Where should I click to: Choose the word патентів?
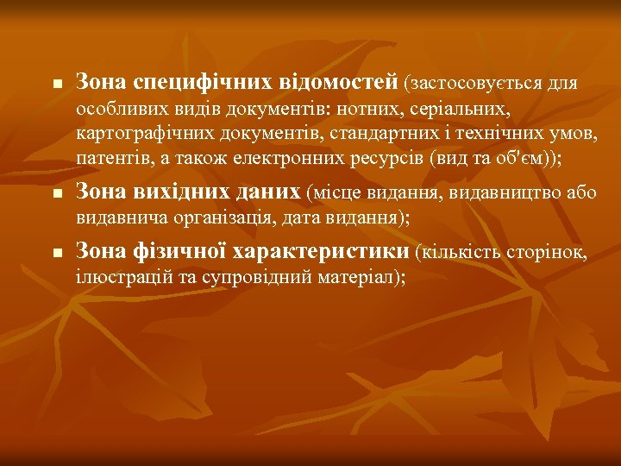(x=110, y=160)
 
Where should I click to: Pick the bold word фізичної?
(x=166, y=251)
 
